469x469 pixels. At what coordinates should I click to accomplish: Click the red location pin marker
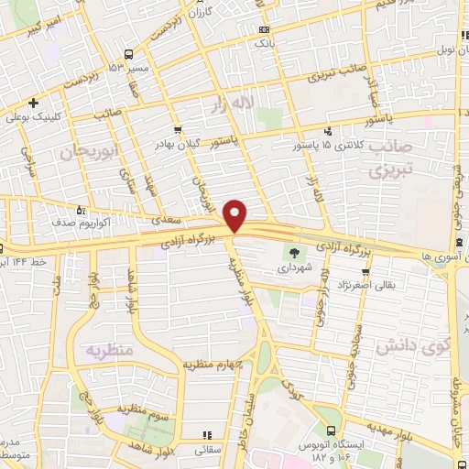236,214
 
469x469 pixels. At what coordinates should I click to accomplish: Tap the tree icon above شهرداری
294,254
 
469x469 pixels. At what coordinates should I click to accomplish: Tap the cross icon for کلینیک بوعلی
34,103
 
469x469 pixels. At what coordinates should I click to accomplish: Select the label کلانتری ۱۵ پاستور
328,146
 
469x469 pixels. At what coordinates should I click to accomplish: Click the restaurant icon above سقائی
208,434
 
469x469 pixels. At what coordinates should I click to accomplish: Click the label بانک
265,42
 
